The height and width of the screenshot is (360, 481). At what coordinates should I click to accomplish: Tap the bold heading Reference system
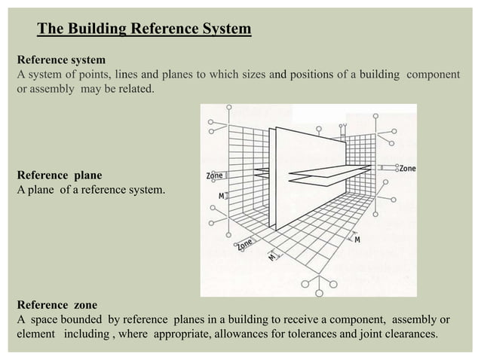[61, 59]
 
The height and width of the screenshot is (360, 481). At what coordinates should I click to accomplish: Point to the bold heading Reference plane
[59, 175]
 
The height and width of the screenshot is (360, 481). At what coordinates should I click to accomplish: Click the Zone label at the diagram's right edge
[407, 167]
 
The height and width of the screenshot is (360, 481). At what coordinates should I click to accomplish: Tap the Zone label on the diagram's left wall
[214, 175]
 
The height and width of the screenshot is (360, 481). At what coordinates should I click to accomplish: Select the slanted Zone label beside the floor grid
[244, 244]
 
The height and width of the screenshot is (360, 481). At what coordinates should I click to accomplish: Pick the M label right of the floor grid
[357, 239]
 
